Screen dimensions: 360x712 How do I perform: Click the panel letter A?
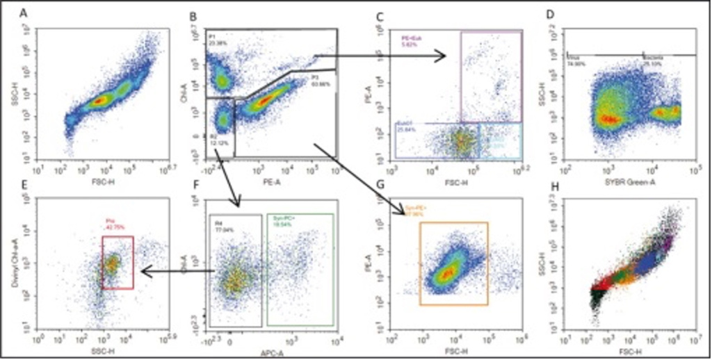tap(24, 13)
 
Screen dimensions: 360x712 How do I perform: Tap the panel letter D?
tap(550, 13)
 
